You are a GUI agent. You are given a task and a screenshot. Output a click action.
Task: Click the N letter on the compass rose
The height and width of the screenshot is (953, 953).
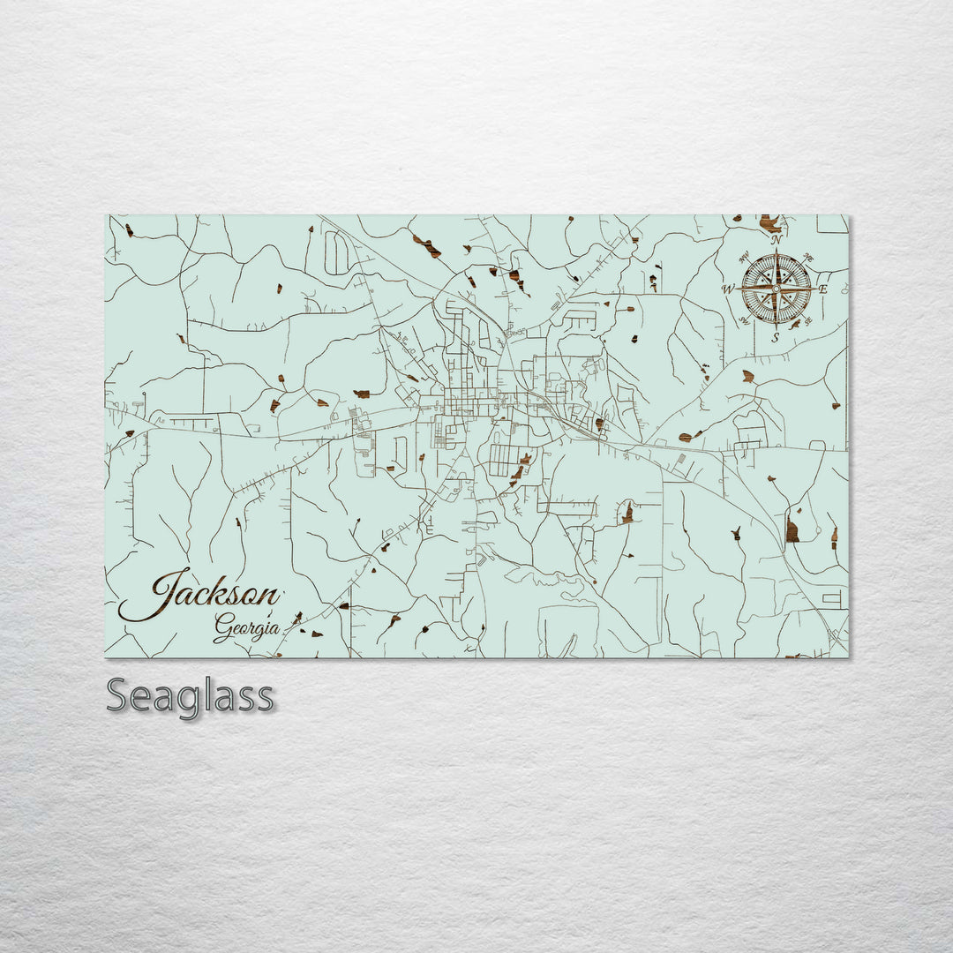coord(776,240)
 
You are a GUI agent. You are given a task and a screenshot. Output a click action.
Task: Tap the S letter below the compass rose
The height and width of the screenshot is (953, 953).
coord(776,337)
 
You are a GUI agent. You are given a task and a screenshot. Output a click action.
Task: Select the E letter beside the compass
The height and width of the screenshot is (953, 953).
coord(822,289)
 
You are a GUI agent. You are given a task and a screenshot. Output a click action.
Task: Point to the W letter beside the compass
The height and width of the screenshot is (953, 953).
coord(728,289)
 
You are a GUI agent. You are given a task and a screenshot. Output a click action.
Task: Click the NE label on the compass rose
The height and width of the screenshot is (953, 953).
coord(810,258)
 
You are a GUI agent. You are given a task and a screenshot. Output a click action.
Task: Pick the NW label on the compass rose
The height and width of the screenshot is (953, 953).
coord(743,258)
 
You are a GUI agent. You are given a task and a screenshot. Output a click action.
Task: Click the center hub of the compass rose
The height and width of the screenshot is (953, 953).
coord(776,288)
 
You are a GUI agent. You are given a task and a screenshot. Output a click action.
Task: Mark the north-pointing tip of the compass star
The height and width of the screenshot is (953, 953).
coord(776,251)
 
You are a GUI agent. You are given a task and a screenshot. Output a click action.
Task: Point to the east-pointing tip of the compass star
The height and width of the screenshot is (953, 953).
coord(813,288)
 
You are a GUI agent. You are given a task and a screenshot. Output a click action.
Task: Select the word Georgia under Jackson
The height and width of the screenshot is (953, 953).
coord(246,628)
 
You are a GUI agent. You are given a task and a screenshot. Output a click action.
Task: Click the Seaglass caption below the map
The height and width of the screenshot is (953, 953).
coord(190,696)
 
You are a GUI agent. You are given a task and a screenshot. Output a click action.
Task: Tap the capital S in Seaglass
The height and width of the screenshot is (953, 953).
coord(119,696)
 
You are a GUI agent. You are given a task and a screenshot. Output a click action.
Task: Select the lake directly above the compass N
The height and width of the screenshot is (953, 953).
coord(770,222)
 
